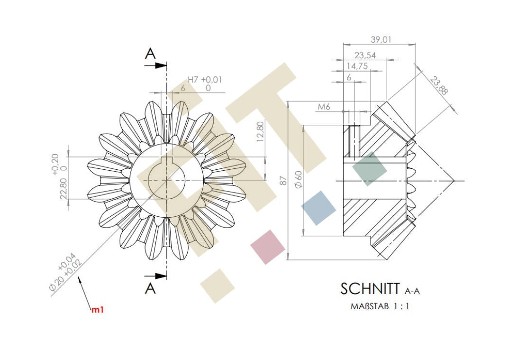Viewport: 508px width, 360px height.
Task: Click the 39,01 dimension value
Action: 381,39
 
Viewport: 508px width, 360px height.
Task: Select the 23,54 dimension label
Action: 365,55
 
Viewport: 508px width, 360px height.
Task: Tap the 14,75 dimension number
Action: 357,66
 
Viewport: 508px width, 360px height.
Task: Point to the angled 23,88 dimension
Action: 439,85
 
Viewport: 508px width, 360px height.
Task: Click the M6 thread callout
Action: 324,107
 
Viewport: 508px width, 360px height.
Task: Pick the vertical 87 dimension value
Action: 283,181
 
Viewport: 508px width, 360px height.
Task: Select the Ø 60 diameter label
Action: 298,179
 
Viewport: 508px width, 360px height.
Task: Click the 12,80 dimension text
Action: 260,131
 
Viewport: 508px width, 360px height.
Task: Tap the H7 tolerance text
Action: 193,80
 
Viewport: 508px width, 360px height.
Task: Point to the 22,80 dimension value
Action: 63,188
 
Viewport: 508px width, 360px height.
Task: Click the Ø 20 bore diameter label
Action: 57,282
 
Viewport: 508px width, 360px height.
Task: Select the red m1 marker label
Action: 98,310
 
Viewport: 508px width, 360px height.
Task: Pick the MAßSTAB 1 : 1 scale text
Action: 380,306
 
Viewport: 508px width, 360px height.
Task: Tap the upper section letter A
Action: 150,54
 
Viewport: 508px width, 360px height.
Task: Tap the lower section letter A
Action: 150,288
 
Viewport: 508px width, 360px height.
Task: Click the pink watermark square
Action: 268,247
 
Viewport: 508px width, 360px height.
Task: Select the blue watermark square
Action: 318,208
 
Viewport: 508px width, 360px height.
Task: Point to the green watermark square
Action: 369,169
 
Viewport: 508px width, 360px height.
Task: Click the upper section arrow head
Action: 161,65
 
